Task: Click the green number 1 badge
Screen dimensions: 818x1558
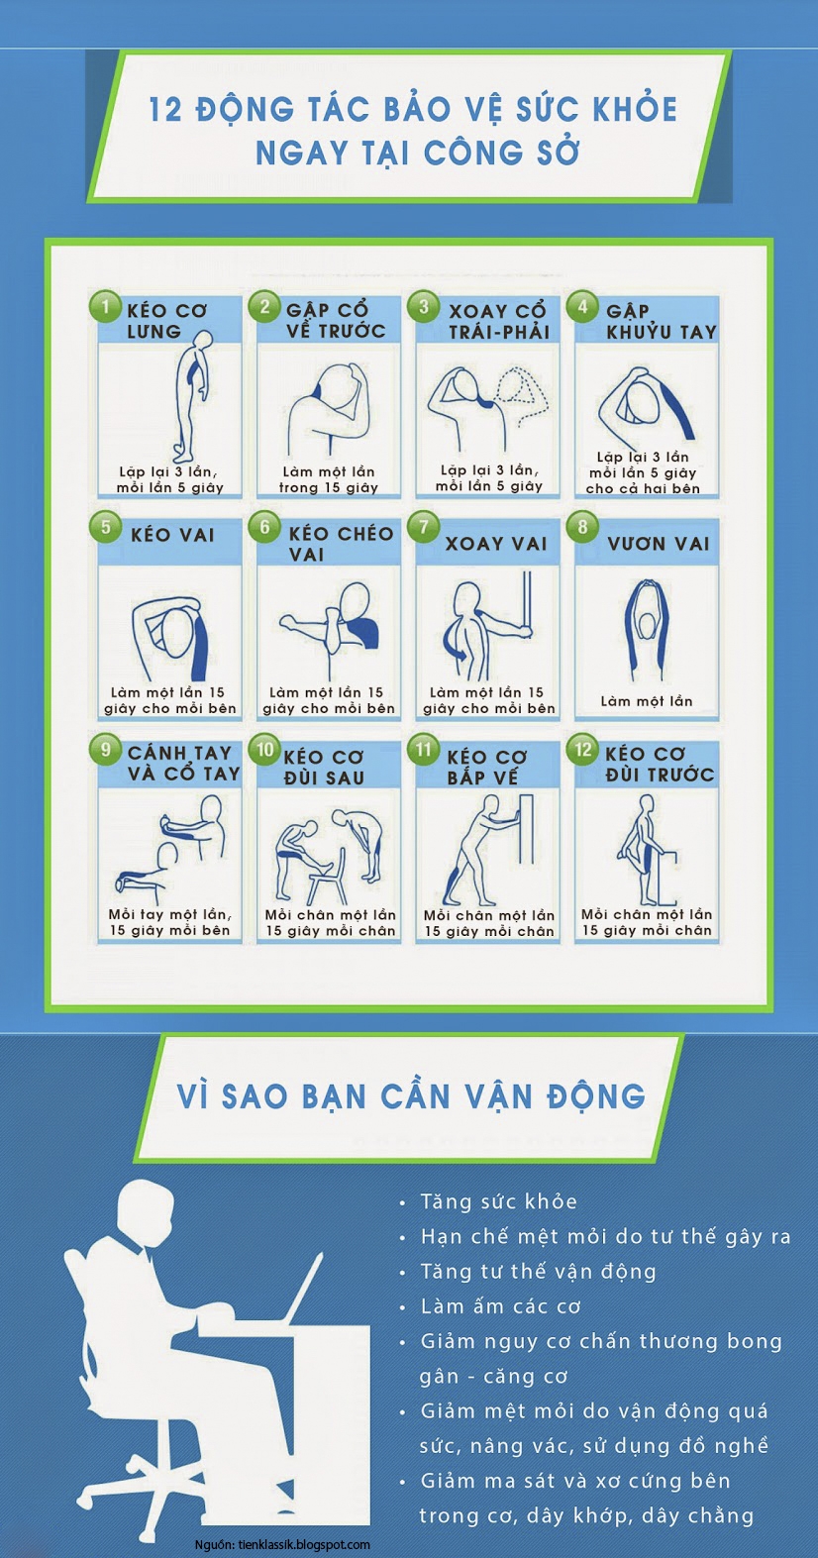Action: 106,307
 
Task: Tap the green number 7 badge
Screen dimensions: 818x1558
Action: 424,527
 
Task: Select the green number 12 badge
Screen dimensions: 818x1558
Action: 583,749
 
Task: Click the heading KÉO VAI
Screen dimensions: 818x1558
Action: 171,534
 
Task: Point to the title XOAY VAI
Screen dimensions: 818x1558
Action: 496,543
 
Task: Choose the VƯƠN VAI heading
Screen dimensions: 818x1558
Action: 658,543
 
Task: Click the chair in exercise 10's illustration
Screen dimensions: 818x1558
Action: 327,878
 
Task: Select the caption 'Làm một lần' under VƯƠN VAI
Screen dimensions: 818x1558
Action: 647,701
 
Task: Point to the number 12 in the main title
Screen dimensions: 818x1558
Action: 164,111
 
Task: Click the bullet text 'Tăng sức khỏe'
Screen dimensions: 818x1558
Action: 499,1201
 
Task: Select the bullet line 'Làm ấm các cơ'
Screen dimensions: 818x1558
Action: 500,1306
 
